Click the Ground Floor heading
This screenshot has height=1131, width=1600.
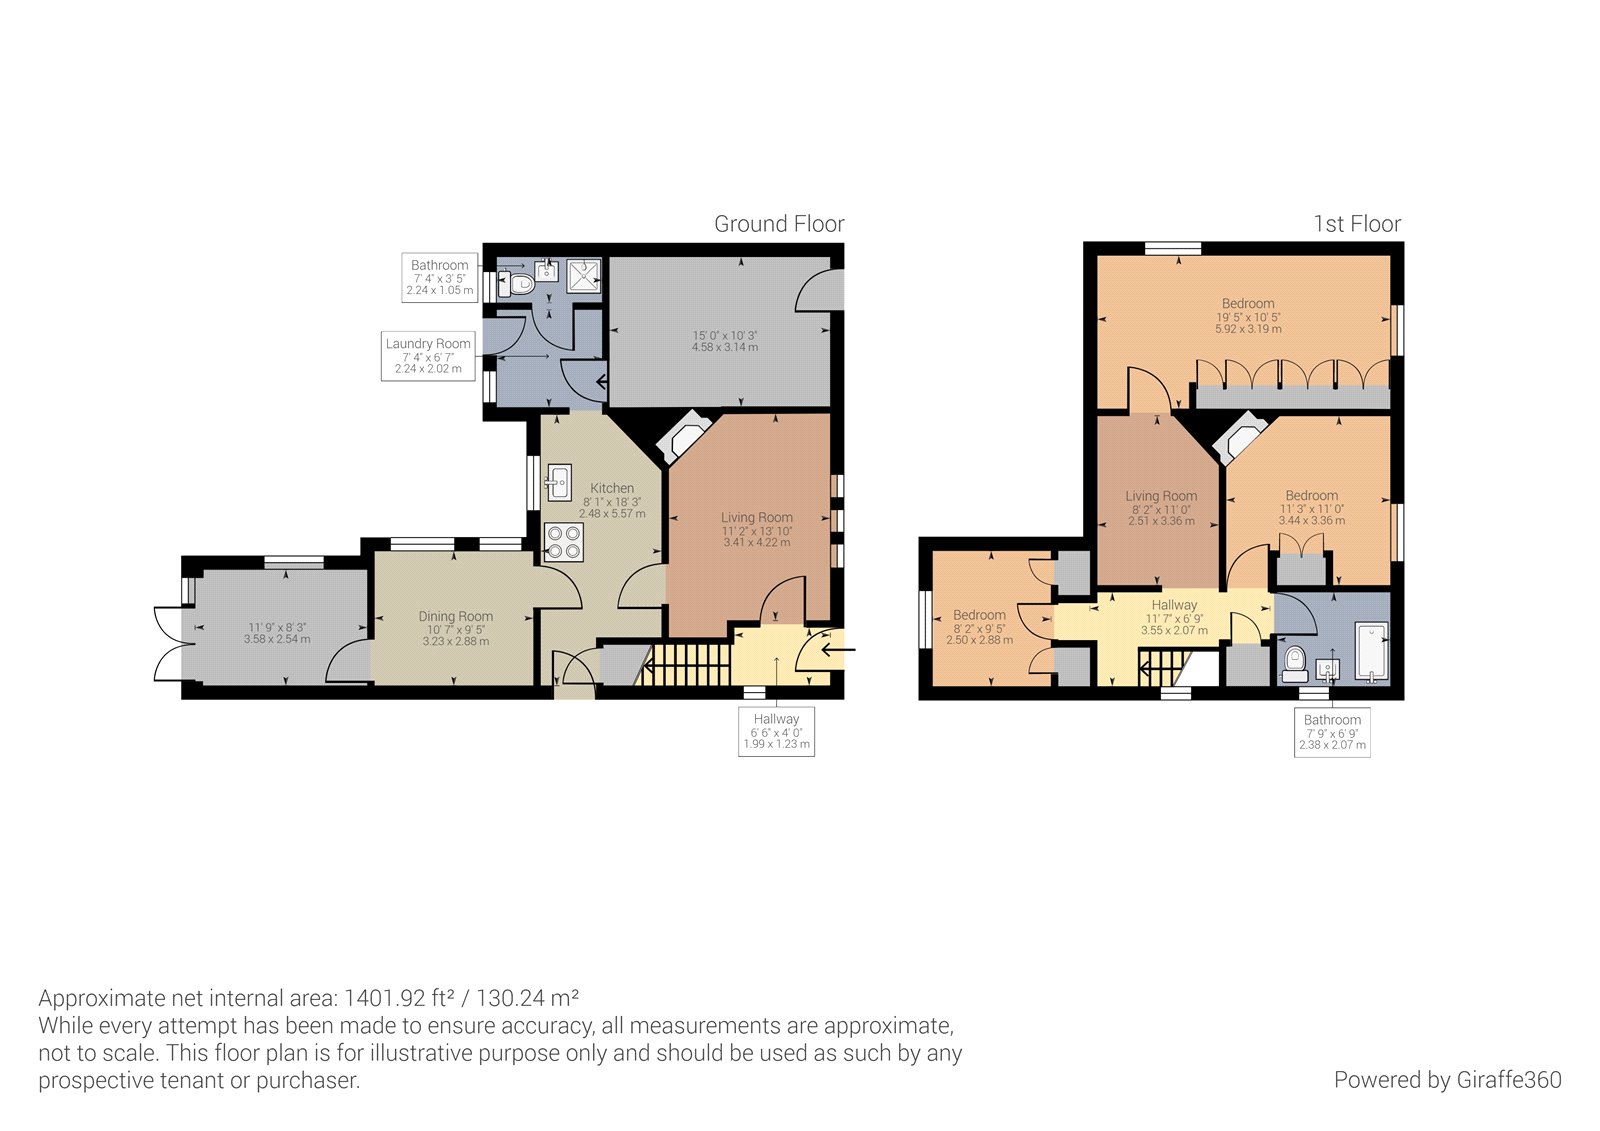click(778, 224)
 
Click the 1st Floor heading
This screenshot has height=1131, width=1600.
click(1356, 224)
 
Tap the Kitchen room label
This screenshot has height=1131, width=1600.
click(611, 488)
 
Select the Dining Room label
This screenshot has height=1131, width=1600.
click(455, 616)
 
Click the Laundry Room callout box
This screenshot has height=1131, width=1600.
click(427, 355)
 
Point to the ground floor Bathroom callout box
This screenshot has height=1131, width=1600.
click(439, 277)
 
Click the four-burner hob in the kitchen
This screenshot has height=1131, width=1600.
click(563, 542)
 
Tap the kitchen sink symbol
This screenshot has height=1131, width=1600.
click(558, 482)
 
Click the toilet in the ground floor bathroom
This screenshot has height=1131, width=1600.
click(518, 284)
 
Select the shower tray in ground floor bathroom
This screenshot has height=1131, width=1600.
click(584, 276)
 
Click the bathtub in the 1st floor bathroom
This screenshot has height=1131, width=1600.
click(1370, 652)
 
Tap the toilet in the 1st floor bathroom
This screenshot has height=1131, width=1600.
click(1295, 662)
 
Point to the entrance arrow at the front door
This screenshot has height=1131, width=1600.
click(838, 650)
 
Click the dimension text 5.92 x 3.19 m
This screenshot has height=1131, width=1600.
click(1248, 329)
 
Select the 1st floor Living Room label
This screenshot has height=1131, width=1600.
click(1160, 496)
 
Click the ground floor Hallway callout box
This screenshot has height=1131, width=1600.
click(776, 731)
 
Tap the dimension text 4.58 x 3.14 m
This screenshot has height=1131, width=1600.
click(724, 347)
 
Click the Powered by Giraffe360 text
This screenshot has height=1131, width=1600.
click(1446, 1080)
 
